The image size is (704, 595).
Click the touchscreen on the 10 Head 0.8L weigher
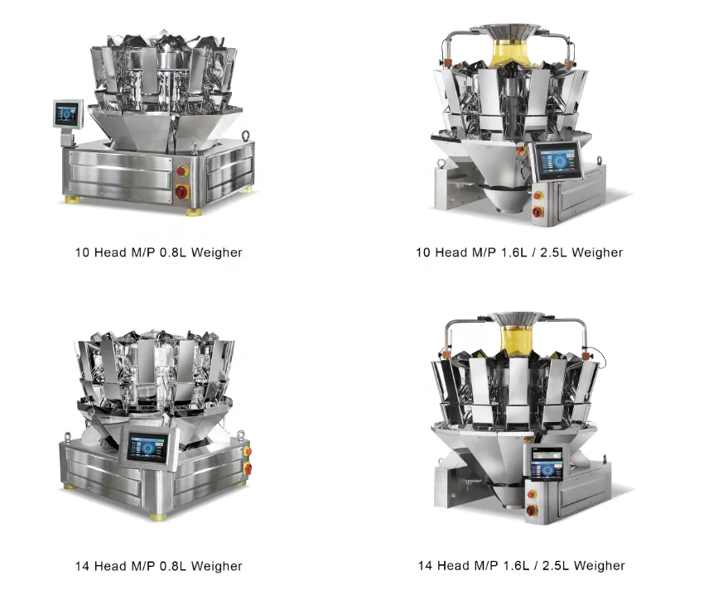click(x=67, y=113)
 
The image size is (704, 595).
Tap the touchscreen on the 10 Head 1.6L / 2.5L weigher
click(x=556, y=159)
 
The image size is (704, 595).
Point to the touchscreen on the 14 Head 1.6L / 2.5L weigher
click(x=545, y=464)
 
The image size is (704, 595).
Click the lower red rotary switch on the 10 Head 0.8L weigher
click(x=181, y=191)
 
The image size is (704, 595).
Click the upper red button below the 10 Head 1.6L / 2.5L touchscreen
click(x=538, y=196)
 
